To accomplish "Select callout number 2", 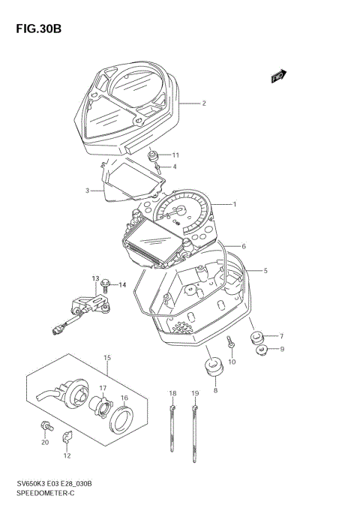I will (x=203, y=104).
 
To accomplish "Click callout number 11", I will (x=176, y=155).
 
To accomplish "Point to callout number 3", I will (x=87, y=191).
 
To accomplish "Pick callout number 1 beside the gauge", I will (x=234, y=204).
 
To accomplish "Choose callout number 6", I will (x=244, y=246).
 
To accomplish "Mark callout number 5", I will (x=265, y=270).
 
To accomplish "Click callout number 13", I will (x=96, y=278).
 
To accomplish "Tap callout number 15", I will (x=107, y=358).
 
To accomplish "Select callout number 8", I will (x=215, y=391).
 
